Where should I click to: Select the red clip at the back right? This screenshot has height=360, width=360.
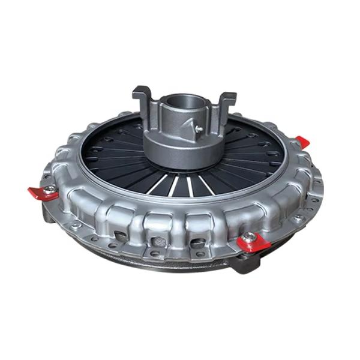pyautogui.click(x=302, y=142)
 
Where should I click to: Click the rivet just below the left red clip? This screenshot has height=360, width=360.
pyautogui.click(x=47, y=207)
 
